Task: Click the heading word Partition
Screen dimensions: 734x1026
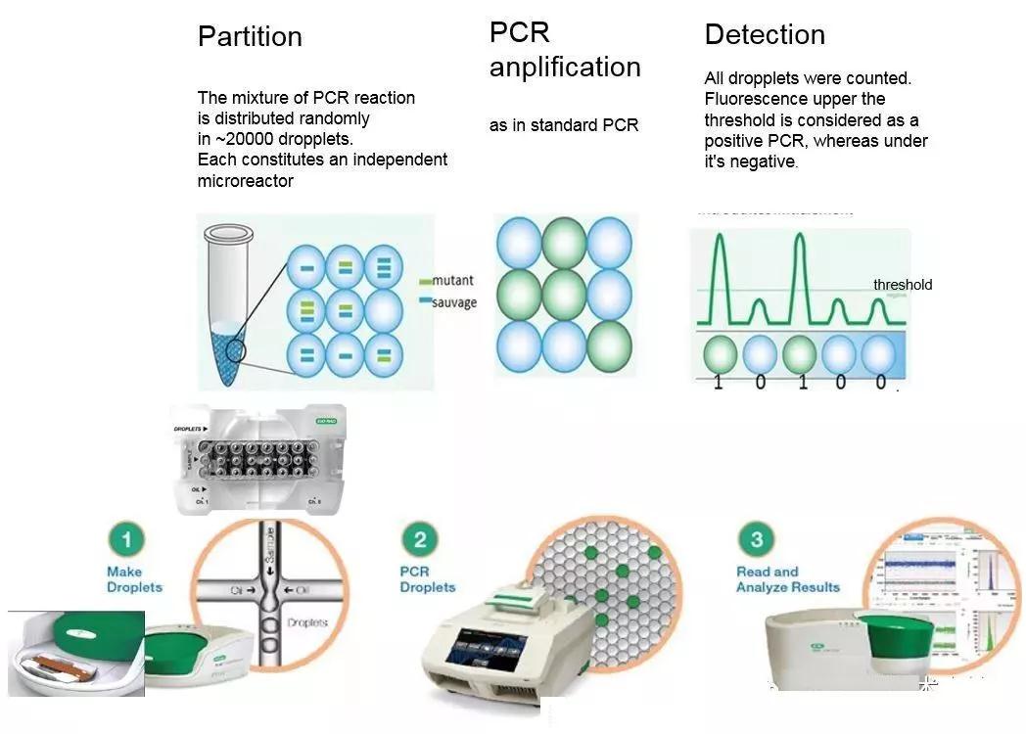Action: [x=250, y=37]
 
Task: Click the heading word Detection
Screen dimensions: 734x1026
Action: [x=765, y=35]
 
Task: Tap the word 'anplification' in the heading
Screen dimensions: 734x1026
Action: [x=565, y=68]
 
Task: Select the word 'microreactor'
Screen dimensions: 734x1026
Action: [x=245, y=181]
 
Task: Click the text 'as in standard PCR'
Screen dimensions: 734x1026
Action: [x=564, y=125]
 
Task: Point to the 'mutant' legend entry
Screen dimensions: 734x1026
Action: [x=451, y=282]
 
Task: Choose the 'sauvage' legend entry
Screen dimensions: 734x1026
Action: [x=453, y=302]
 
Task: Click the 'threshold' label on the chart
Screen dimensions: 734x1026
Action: [x=903, y=285]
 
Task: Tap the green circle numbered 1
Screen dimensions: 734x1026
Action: [x=126, y=538]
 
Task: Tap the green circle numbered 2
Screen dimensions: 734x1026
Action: [x=420, y=539]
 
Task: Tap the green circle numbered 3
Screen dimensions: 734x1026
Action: [x=756, y=539]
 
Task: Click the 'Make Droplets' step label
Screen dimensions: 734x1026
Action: [x=134, y=579]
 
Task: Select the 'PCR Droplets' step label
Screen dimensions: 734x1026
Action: [x=428, y=579]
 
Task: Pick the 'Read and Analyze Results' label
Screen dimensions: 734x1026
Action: [x=788, y=579]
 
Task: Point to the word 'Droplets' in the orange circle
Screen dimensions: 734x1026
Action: [x=307, y=622]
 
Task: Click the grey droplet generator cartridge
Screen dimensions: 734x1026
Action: [x=258, y=458]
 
